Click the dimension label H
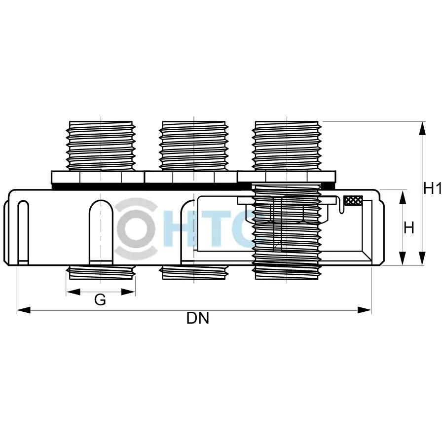click(408, 228)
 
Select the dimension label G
click(100, 299)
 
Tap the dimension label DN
click(198, 318)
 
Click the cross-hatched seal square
click(353, 200)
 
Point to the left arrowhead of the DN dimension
click(23, 310)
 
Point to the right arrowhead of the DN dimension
click(365, 310)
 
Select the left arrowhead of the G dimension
click(73, 292)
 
